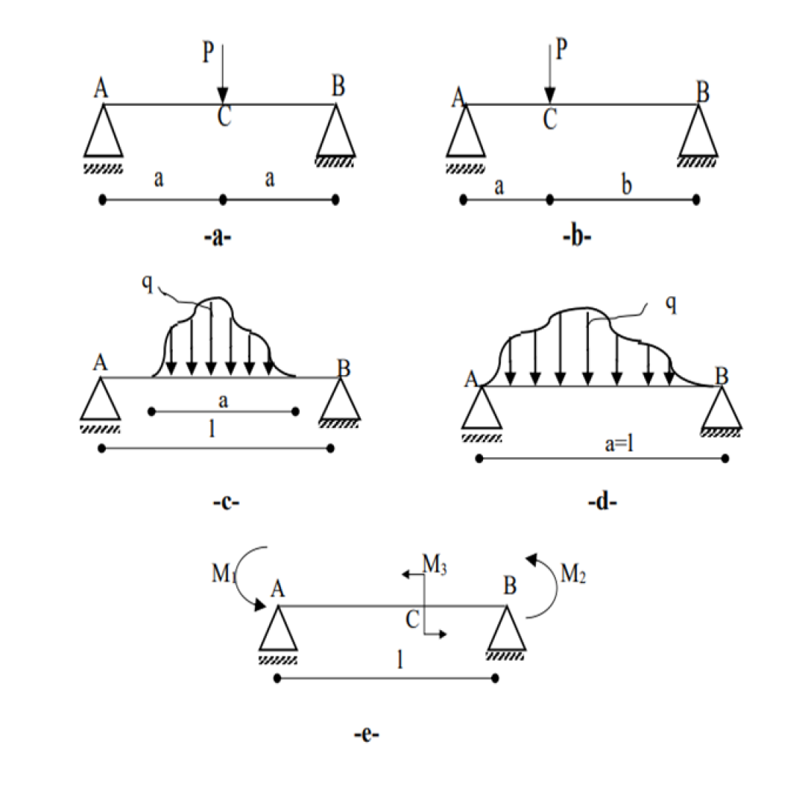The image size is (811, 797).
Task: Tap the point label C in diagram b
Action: pos(549,119)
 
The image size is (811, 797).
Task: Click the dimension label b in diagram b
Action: pos(626,187)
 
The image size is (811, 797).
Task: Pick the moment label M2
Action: pos(574,573)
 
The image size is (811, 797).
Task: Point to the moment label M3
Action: pos(435,565)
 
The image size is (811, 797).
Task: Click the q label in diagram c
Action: pos(148,284)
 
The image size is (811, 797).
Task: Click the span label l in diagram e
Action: pos(399,659)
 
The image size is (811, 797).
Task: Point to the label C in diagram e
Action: pos(412,619)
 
